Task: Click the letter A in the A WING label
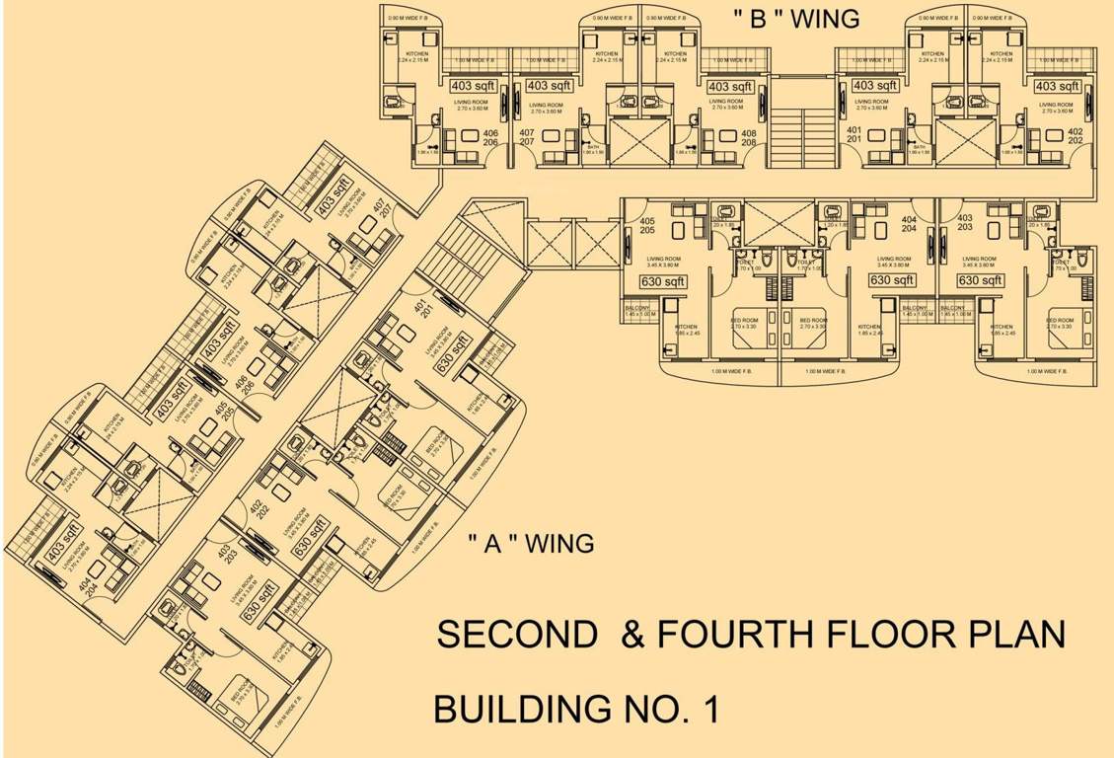pyautogui.click(x=488, y=543)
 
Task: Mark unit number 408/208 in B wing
pyautogui.click(x=749, y=137)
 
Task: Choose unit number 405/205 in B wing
pyautogui.click(x=647, y=226)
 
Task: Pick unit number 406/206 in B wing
pyautogui.click(x=490, y=138)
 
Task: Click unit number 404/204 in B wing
pyautogui.click(x=909, y=225)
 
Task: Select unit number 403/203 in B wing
pyautogui.click(x=964, y=225)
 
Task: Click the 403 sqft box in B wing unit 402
pyautogui.click(x=1058, y=87)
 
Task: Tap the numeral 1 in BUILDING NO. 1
pyautogui.click(x=710, y=709)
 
